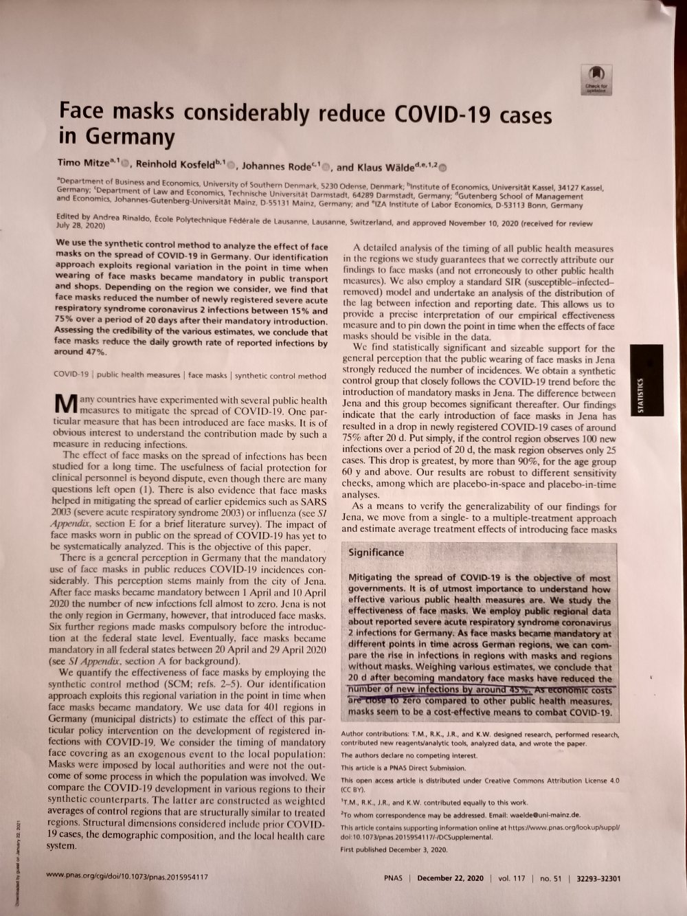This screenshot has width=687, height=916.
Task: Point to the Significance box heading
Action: click(376, 552)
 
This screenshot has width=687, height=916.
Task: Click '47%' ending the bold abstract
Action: click(95, 351)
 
